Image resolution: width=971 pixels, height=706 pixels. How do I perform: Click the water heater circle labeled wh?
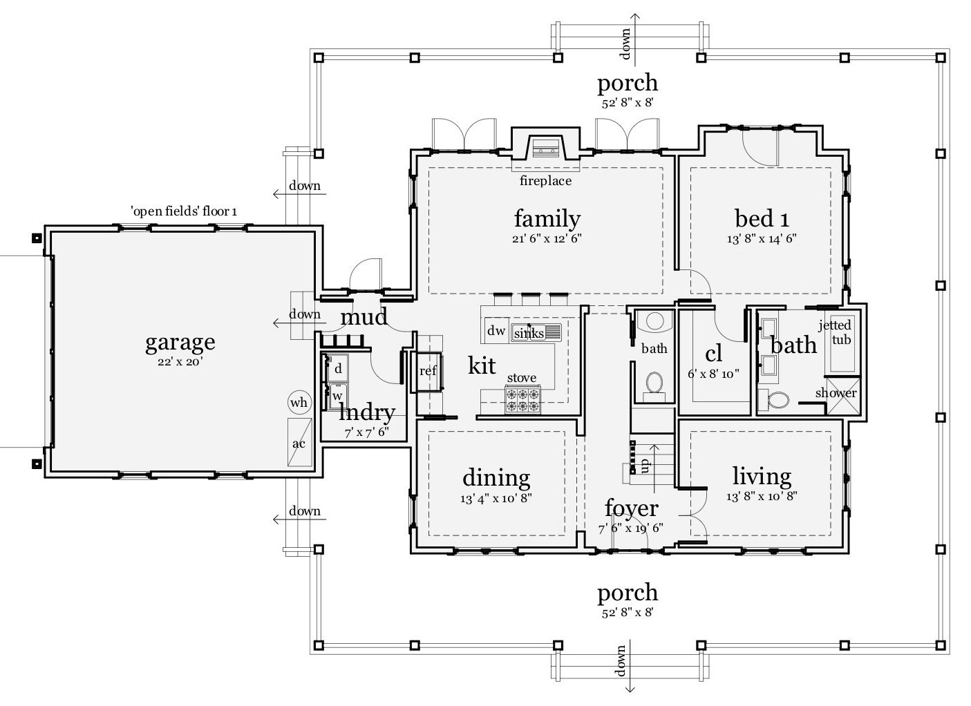pyautogui.click(x=299, y=403)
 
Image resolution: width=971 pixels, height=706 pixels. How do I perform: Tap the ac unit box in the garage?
pyautogui.click(x=299, y=442)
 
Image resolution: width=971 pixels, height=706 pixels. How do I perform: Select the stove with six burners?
pyautogui.click(x=522, y=399)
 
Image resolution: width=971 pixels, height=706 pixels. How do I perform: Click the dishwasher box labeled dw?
pyautogui.click(x=496, y=330)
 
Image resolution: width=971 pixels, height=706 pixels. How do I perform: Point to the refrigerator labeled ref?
pyautogui.click(x=427, y=371)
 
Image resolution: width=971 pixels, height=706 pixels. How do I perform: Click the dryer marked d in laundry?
pyautogui.click(x=338, y=368)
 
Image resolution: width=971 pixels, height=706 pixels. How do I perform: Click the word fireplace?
pyautogui.click(x=545, y=180)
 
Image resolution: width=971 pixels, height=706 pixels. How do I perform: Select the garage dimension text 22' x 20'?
pyautogui.click(x=180, y=361)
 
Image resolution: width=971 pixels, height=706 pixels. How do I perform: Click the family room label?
pyautogui.click(x=547, y=218)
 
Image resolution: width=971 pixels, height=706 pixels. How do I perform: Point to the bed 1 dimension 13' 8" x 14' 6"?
pyautogui.click(x=761, y=238)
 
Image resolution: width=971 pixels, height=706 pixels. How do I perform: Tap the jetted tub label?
pyautogui.click(x=835, y=332)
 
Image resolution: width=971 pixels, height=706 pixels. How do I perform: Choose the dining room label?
pyautogui.click(x=496, y=477)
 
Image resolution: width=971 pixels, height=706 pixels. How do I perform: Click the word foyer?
pyautogui.click(x=631, y=508)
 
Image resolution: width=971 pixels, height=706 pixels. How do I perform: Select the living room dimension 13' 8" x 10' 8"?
pyautogui.click(x=762, y=495)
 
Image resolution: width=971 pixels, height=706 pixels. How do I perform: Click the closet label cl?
pyautogui.click(x=713, y=353)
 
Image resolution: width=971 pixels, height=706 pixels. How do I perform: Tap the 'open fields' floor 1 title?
pyautogui.click(x=184, y=211)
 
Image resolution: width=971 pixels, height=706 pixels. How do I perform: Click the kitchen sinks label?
pyautogui.click(x=529, y=333)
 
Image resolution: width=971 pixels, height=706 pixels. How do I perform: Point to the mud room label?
pyautogui.click(x=364, y=317)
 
